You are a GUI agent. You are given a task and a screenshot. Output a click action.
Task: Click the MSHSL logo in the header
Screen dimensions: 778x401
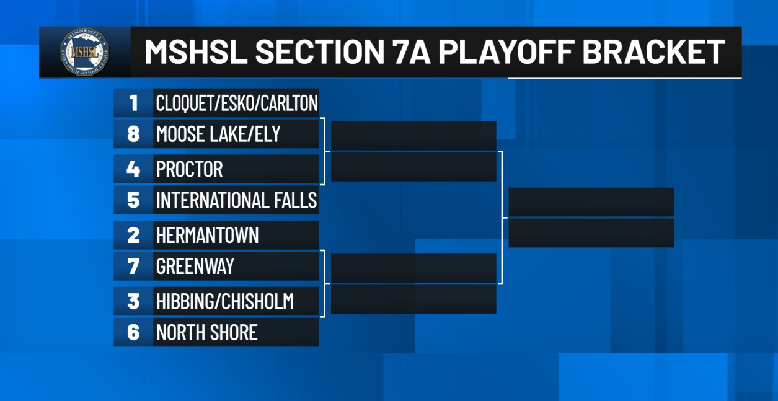pos(85,52)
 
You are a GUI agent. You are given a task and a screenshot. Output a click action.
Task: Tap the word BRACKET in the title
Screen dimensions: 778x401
pos(653,52)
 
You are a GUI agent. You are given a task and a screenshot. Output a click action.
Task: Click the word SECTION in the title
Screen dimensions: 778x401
pos(319,52)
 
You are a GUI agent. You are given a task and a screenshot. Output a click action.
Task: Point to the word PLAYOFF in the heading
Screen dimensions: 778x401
pos(506,52)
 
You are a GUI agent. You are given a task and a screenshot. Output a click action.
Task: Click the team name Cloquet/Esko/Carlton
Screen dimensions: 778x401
pos(237,103)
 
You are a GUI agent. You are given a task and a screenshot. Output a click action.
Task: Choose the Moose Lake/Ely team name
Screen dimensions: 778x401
pos(218,134)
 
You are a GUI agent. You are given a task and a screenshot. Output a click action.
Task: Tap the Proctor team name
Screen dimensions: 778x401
pos(190,169)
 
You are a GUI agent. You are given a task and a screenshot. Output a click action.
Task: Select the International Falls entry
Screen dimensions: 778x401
pos(237,200)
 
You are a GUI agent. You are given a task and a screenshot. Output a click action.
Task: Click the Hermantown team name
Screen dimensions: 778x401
pos(207,235)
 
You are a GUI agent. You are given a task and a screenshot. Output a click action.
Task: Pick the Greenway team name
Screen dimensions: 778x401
pos(195,267)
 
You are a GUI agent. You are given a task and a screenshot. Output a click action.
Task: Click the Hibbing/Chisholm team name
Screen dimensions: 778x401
pos(225,301)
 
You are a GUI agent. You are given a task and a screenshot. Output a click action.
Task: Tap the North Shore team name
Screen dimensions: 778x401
pos(207,332)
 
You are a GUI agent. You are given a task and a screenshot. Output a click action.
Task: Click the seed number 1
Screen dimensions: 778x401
pos(134,103)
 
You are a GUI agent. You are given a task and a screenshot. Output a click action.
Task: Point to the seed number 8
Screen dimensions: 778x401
pos(134,134)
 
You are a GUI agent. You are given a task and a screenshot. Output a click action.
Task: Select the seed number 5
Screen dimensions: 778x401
pos(134,200)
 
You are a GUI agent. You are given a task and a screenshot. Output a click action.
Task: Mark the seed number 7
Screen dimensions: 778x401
pos(134,267)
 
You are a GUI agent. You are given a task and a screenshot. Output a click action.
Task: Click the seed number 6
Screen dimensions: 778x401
pos(134,332)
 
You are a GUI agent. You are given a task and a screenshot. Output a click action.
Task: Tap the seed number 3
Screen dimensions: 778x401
pos(134,301)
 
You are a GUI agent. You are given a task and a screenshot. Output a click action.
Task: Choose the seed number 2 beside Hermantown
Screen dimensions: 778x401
pos(134,235)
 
